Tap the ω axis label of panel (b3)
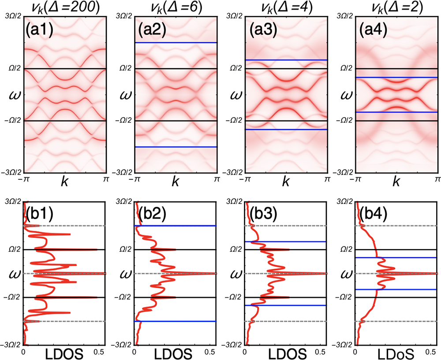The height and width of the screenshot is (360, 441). click(234, 274)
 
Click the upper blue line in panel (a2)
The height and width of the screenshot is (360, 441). click(176, 43)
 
